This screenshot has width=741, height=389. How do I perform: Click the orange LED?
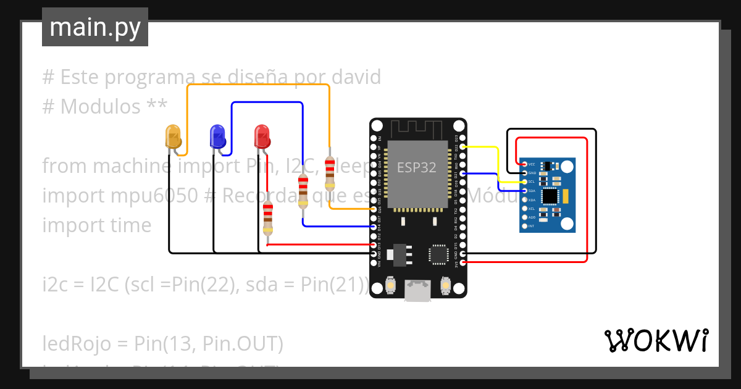pyautogui.click(x=174, y=136)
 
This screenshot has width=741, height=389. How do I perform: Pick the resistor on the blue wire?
pyautogui.click(x=303, y=191)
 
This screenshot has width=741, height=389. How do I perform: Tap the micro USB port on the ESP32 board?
pyautogui.click(x=417, y=292)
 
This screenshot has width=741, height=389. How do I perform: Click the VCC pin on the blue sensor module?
pyautogui.click(x=524, y=164)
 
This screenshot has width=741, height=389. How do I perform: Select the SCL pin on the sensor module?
pyautogui.click(x=524, y=182)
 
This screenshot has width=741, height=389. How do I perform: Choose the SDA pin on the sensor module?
pyautogui.click(x=524, y=191)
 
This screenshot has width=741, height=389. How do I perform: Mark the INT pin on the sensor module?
pyautogui.click(x=524, y=226)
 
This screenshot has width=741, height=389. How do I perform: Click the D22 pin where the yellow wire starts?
pyautogui.click(x=463, y=147)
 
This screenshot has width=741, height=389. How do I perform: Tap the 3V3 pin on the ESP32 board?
pyautogui.click(x=463, y=262)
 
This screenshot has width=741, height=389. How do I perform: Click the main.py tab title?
pyautogui.click(x=95, y=27)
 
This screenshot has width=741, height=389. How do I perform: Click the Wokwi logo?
pyautogui.click(x=656, y=340)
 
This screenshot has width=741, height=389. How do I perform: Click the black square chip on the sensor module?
pyautogui.click(x=549, y=196)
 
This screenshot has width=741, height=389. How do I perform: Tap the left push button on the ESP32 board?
pyautogui.click(x=390, y=285)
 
